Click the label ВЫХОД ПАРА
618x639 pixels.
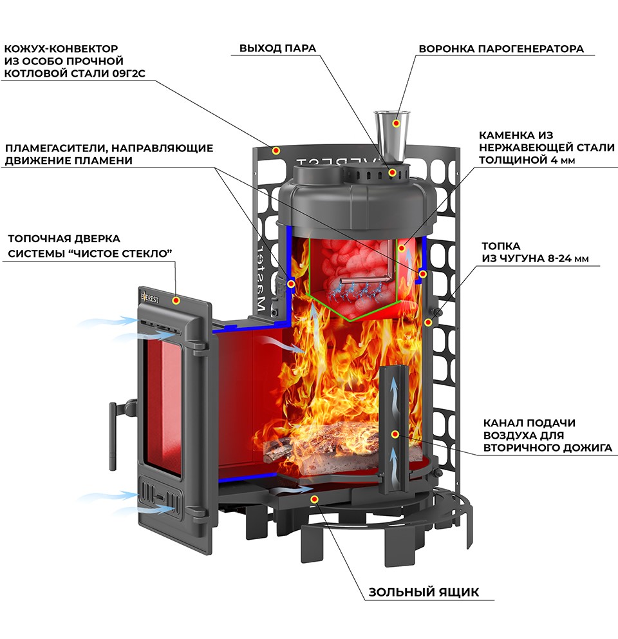(x=278, y=49)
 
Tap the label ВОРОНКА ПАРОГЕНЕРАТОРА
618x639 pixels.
(x=501, y=49)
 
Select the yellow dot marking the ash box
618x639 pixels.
(x=314, y=499)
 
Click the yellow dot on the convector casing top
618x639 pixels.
(x=276, y=150)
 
